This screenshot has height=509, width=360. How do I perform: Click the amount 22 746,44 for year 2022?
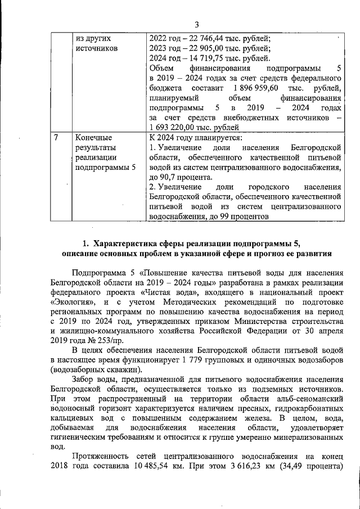point(208,39)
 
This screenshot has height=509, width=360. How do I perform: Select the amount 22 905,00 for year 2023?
point(208,49)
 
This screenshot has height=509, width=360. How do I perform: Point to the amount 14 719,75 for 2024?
point(207,59)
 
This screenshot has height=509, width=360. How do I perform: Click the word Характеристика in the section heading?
point(127,244)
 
